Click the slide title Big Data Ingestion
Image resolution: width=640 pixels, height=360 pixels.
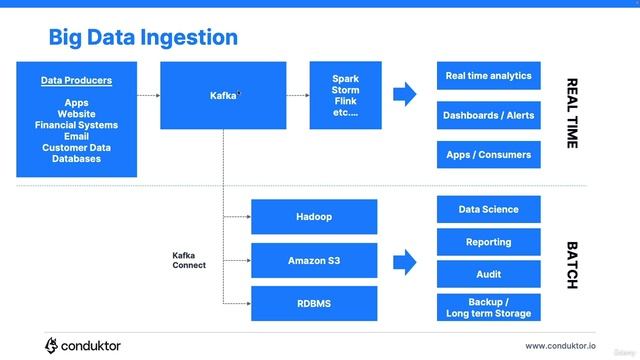(143, 38)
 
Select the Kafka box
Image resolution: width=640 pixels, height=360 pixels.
(223, 95)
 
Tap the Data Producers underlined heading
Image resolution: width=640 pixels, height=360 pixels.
(76, 80)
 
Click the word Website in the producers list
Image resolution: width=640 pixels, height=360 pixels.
(76, 114)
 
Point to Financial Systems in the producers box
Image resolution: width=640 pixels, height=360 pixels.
(76, 125)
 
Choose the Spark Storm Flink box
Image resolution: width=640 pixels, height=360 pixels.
(345, 95)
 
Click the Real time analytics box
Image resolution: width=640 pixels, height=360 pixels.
(489, 76)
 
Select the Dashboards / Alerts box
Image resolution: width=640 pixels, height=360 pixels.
(489, 115)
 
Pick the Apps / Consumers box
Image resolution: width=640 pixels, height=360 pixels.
(489, 155)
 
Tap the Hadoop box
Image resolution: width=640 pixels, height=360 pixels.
(314, 217)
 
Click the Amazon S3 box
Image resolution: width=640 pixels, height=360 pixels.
(314, 261)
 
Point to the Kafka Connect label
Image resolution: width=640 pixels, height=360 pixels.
(189, 260)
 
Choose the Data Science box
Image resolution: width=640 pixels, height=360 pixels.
(489, 209)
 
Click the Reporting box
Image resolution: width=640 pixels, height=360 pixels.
(489, 242)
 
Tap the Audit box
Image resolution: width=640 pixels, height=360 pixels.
(489, 274)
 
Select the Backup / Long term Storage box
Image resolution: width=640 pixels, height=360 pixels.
(489, 307)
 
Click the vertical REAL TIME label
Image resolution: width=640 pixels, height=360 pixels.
(572, 113)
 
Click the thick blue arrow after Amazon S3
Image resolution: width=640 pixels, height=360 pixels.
(404, 262)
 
